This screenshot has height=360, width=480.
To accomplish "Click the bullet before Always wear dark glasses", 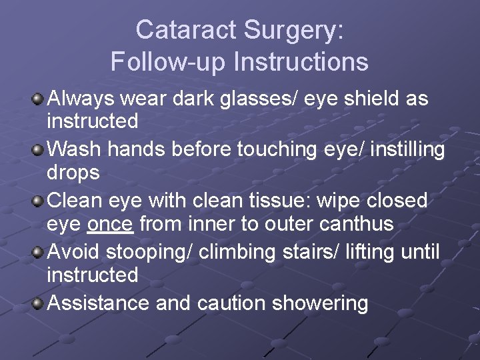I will coord(39,99).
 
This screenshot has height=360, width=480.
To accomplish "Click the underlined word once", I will coord(110,224).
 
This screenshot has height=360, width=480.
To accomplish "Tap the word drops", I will coord(73,173).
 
